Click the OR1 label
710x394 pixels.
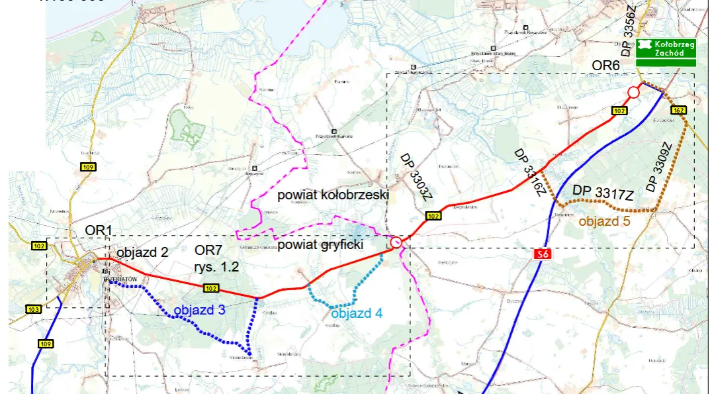(99, 230)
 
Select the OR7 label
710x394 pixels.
(208, 252)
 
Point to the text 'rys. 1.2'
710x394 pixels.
(216, 267)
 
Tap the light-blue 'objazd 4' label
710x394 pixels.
(357, 313)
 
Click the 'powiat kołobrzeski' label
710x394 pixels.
(332, 195)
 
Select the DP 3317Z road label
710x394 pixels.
(603, 192)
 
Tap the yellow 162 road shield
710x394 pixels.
(678, 110)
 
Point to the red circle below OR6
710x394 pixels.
(633, 92)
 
